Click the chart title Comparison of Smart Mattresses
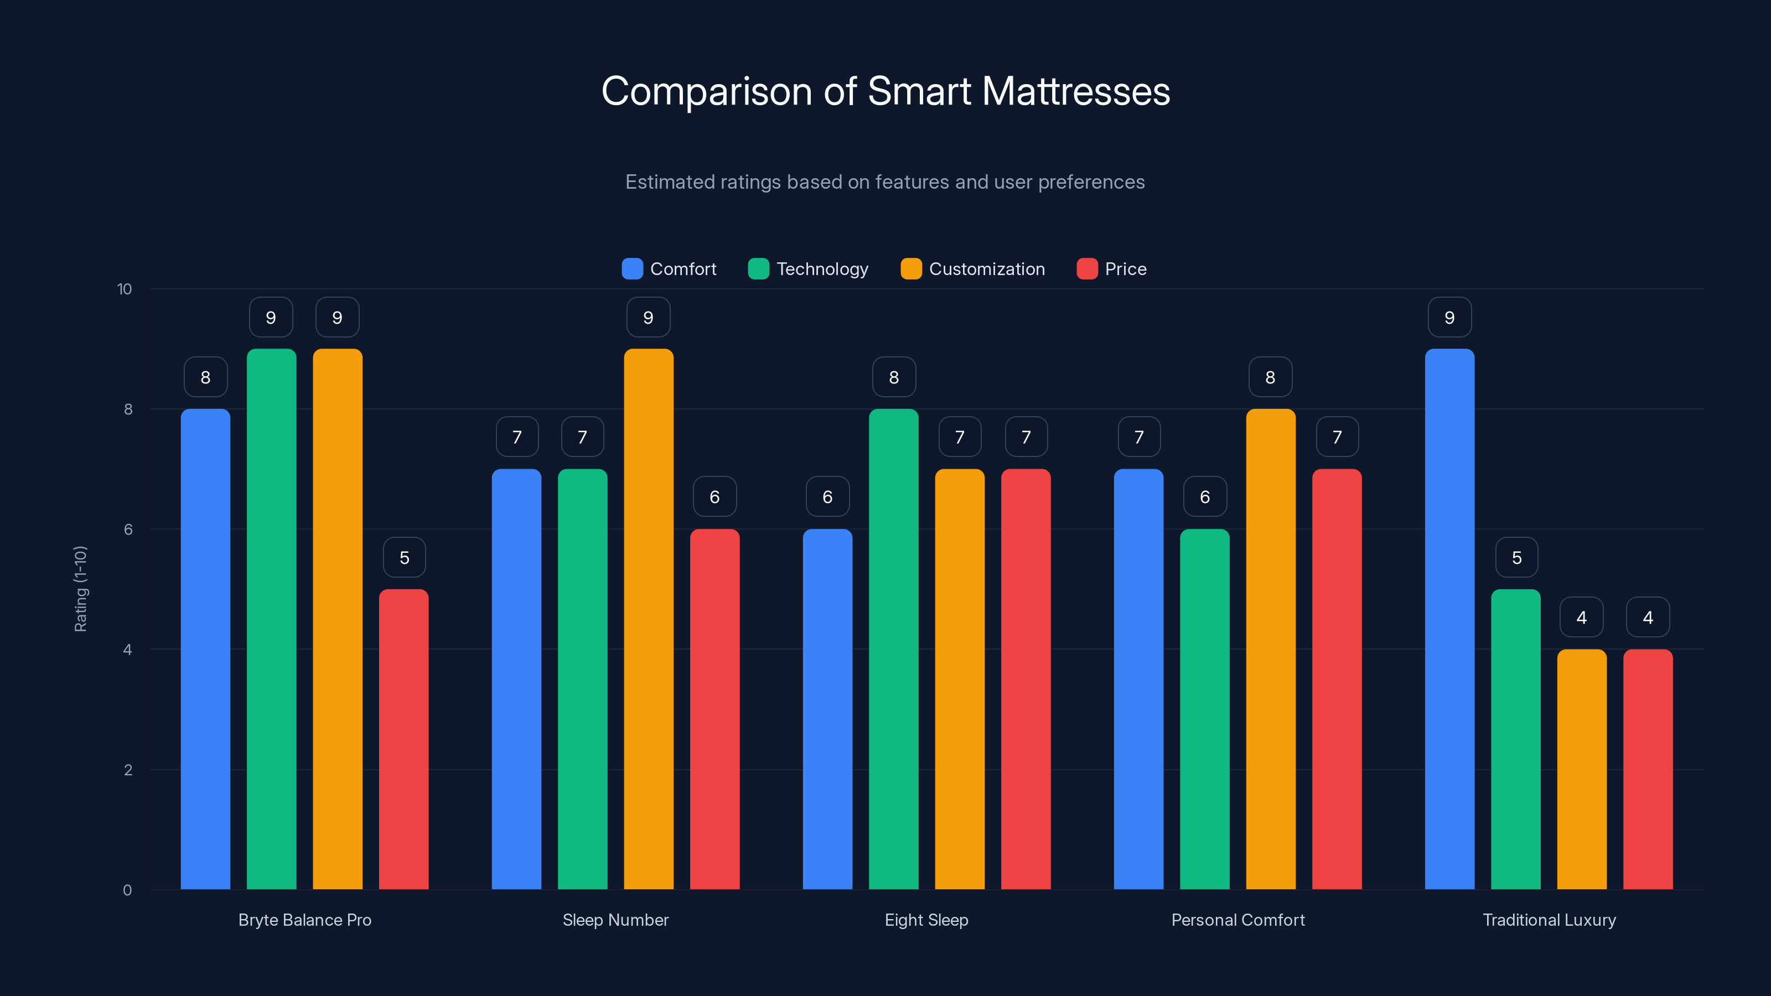pos(885,91)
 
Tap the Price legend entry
pos(1112,269)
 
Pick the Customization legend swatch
pos(911,269)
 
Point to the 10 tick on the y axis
pos(125,289)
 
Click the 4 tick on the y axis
pos(127,650)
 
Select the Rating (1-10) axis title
pos(80,589)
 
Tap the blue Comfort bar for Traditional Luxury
pos(1449,619)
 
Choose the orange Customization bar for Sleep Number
pos(648,619)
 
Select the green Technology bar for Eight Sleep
pos(893,650)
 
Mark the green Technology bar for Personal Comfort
pos(1204,708)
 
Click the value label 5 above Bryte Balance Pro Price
pos(404,557)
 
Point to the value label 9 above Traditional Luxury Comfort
pos(1449,318)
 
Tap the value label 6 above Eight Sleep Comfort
pos(827,497)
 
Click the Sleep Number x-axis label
pos(615,920)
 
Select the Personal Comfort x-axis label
pos(1237,920)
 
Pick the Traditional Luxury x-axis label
pos(1549,920)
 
